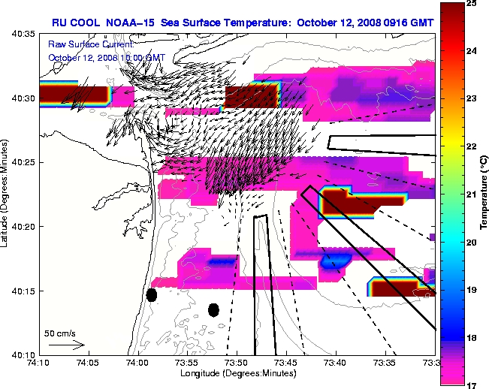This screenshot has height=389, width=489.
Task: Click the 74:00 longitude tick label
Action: pyautogui.click(x=137, y=363)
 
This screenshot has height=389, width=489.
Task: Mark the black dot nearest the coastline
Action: pyautogui.click(x=151, y=294)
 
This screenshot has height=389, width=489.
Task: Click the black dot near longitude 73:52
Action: pyautogui.click(x=213, y=309)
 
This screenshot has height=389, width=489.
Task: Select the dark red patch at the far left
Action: pyautogui.click(x=74, y=93)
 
